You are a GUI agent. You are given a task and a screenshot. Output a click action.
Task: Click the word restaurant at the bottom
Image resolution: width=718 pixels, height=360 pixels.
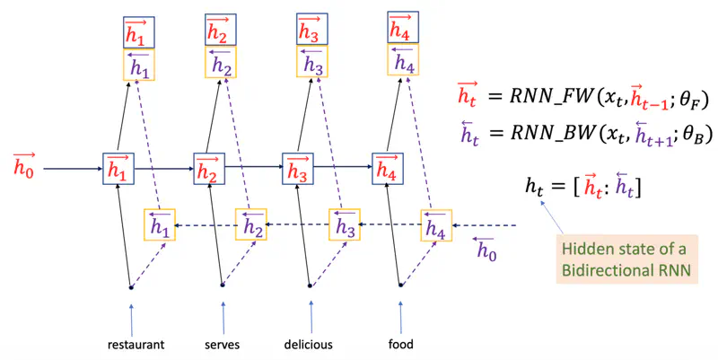pos(135,345)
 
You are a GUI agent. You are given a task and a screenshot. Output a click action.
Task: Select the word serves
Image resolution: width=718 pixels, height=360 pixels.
pos(222,345)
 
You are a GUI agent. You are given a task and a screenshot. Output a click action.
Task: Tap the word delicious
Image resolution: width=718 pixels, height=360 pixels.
pos(308,345)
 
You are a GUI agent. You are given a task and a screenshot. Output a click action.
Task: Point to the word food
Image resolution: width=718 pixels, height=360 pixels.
pos(400,345)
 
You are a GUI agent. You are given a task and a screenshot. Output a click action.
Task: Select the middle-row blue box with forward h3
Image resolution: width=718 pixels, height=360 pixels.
pos(297,168)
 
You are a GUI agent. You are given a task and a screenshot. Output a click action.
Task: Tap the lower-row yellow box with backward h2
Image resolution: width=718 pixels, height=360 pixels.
pos(251,224)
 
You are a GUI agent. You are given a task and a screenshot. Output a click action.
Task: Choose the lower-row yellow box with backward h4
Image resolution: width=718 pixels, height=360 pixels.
pos(435,224)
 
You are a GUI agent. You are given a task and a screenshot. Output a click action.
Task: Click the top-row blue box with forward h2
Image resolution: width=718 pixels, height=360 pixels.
pos(218,31)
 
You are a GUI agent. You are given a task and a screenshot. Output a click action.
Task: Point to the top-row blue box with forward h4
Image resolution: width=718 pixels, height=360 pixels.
pos(402,27)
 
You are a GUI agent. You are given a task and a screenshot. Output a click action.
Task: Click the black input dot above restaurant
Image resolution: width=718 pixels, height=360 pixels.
pos(130,287)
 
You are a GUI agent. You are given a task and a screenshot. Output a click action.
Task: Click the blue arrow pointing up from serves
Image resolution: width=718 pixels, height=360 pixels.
pos(222,318)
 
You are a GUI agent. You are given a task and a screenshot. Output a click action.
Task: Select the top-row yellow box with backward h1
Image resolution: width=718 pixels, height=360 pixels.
pos(139,65)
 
